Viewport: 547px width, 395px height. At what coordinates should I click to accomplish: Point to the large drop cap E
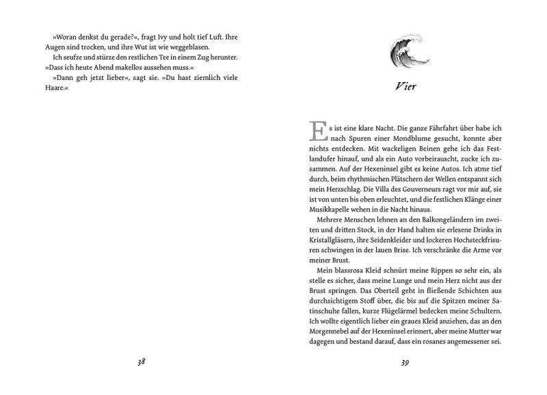pyautogui.click(x=316, y=133)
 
